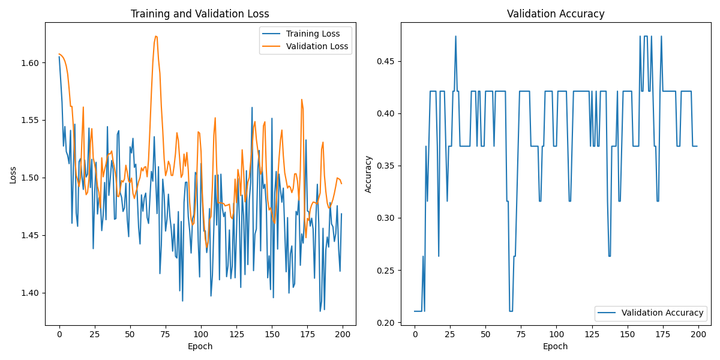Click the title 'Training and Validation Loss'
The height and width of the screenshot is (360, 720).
point(200,14)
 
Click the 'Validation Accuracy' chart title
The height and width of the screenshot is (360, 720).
point(556,14)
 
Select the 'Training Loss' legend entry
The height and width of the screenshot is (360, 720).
point(313,34)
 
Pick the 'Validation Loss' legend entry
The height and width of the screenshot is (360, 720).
point(317,46)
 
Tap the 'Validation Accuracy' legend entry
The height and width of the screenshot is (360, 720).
point(662,313)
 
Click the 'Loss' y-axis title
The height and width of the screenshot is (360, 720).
point(13,175)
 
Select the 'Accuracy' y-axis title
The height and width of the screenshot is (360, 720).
point(368,175)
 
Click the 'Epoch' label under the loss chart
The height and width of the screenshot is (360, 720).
point(200,346)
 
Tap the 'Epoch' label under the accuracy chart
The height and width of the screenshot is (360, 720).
point(556,346)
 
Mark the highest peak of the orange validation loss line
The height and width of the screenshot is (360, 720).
point(156,36)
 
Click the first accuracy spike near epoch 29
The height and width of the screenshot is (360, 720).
point(455,36)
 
